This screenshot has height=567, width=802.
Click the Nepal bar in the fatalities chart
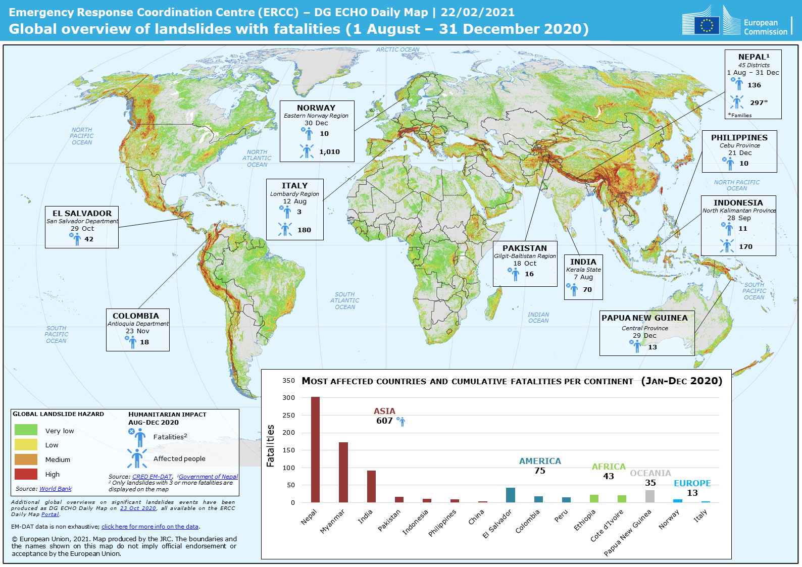[315, 449]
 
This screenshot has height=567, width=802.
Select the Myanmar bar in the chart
[343, 472]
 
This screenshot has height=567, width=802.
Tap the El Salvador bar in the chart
[511, 495]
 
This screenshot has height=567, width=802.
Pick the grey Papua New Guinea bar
[650, 496]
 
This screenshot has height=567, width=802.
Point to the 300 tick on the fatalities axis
[288, 398]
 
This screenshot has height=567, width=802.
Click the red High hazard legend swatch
[26, 474]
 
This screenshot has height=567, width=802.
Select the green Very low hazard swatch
[26, 430]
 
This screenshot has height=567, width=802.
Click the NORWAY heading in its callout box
[316, 108]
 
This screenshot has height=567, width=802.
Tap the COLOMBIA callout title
[136, 316]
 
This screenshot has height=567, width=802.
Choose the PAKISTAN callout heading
[525, 248]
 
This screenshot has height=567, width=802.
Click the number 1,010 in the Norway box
[329, 151]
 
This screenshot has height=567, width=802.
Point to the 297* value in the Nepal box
[759, 102]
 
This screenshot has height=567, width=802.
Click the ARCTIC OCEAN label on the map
[397, 49]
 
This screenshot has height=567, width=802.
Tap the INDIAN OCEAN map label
[538, 318]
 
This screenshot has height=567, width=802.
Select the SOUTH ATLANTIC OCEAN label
[345, 300]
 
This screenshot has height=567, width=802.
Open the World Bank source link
[56, 489]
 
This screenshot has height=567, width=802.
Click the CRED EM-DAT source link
[152, 477]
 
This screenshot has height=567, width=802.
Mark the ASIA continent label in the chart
[384, 411]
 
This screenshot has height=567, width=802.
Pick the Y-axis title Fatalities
[271, 445]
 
